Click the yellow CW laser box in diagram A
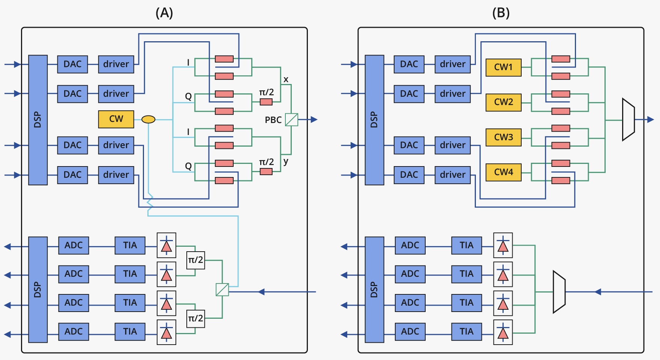(116, 119)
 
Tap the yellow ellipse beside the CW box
(148, 120)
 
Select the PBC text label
(273, 120)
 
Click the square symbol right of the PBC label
(291, 120)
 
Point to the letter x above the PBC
(286, 79)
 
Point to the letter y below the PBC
(286, 161)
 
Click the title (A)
(164, 13)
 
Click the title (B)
(501, 13)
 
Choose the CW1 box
(503, 67)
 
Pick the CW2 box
(503, 102)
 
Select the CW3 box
(503, 137)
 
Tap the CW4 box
(503, 172)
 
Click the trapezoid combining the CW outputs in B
(628, 120)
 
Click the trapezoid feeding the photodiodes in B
(559, 292)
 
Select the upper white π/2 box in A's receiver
(195, 260)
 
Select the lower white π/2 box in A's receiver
(195, 319)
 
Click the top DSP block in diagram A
(38, 120)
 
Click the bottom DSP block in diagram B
(374, 289)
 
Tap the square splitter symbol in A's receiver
(222, 289)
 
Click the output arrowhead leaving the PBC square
(314, 120)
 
